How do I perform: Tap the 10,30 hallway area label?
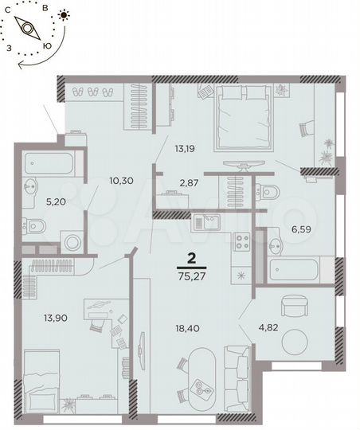tap(120, 181)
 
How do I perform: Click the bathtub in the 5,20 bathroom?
tap(49, 164)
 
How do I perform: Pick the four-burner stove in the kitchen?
tap(242, 241)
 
